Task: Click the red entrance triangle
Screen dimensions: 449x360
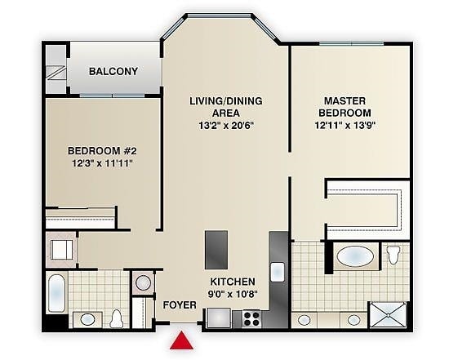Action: click(x=181, y=341)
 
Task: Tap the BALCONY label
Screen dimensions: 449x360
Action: click(x=113, y=71)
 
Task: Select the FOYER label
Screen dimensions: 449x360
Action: click(x=180, y=305)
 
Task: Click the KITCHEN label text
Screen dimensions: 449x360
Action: click(x=233, y=282)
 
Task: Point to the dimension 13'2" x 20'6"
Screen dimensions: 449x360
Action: click(x=226, y=126)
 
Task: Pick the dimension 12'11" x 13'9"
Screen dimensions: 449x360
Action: click(x=345, y=125)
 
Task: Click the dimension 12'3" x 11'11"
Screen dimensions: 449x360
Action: click(x=102, y=163)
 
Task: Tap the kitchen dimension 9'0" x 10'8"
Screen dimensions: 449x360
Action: click(x=233, y=294)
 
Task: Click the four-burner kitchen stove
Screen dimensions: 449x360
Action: click(x=251, y=318)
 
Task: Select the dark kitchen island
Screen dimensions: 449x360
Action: click(x=216, y=250)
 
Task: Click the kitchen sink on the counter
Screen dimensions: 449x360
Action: click(x=278, y=272)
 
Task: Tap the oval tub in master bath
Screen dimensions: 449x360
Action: click(x=355, y=256)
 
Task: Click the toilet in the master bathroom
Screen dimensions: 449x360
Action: click(x=393, y=254)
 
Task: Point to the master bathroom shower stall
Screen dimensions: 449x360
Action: click(x=388, y=315)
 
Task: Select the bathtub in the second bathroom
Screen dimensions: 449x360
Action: click(x=56, y=293)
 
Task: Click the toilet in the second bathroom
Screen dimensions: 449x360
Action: click(x=116, y=318)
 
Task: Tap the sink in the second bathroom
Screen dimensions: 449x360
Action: click(x=87, y=319)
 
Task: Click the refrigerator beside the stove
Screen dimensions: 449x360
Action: click(x=219, y=318)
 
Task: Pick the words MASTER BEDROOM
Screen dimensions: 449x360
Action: click(x=345, y=107)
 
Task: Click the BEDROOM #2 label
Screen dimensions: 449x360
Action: click(x=102, y=151)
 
